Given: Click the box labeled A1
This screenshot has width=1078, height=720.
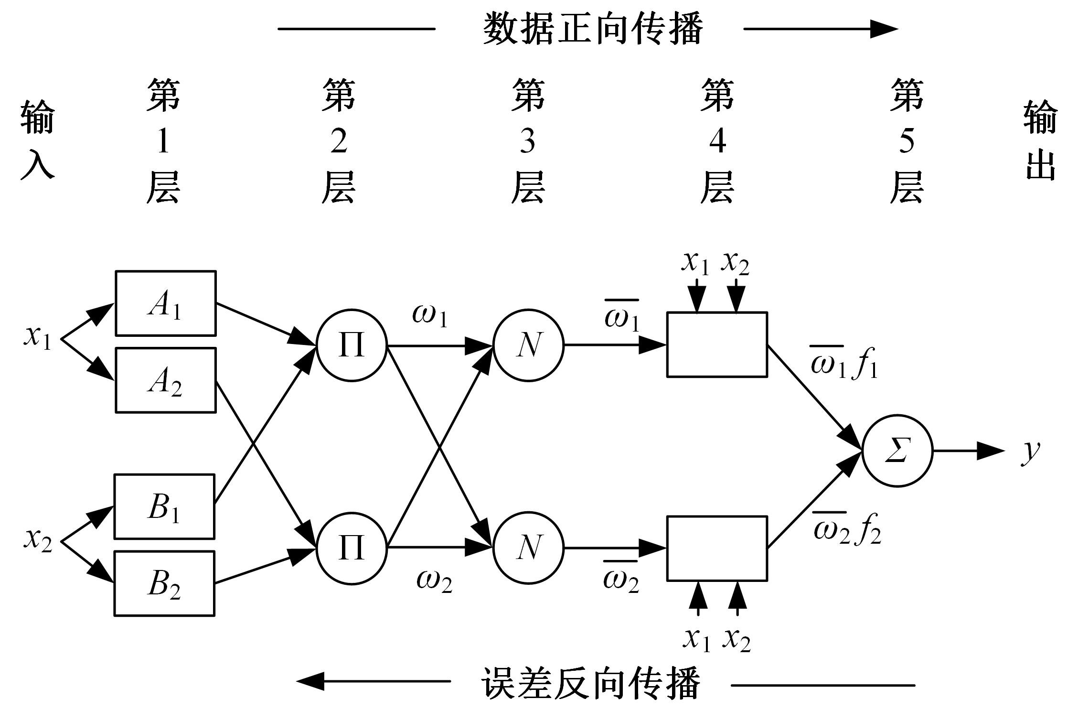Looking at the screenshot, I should (165, 303).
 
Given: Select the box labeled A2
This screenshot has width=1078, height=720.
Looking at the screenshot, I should (165, 380).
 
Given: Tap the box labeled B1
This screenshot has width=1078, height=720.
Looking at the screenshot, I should (164, 506).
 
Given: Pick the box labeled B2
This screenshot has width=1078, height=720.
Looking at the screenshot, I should (164, 583).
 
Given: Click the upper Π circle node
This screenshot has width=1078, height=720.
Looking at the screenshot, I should (352, 345).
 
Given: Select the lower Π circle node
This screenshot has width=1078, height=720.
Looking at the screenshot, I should (352, 548).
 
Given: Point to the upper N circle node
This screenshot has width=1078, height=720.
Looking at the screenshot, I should (528, 345).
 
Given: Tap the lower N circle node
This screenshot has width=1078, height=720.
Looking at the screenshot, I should (528, 548).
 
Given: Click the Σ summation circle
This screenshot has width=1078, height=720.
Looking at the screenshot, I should (897, 451).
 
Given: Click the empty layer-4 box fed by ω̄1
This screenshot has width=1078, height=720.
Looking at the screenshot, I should (717, 344).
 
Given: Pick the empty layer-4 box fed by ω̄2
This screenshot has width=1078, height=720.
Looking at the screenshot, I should (717, 548).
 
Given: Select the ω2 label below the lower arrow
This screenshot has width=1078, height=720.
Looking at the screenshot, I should (434, 581).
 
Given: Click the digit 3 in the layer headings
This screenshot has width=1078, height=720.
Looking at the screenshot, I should (527, 141).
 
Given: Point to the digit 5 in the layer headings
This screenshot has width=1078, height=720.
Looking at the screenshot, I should (907, 141).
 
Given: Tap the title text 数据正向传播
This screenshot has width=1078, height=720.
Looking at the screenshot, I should (592, 29).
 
